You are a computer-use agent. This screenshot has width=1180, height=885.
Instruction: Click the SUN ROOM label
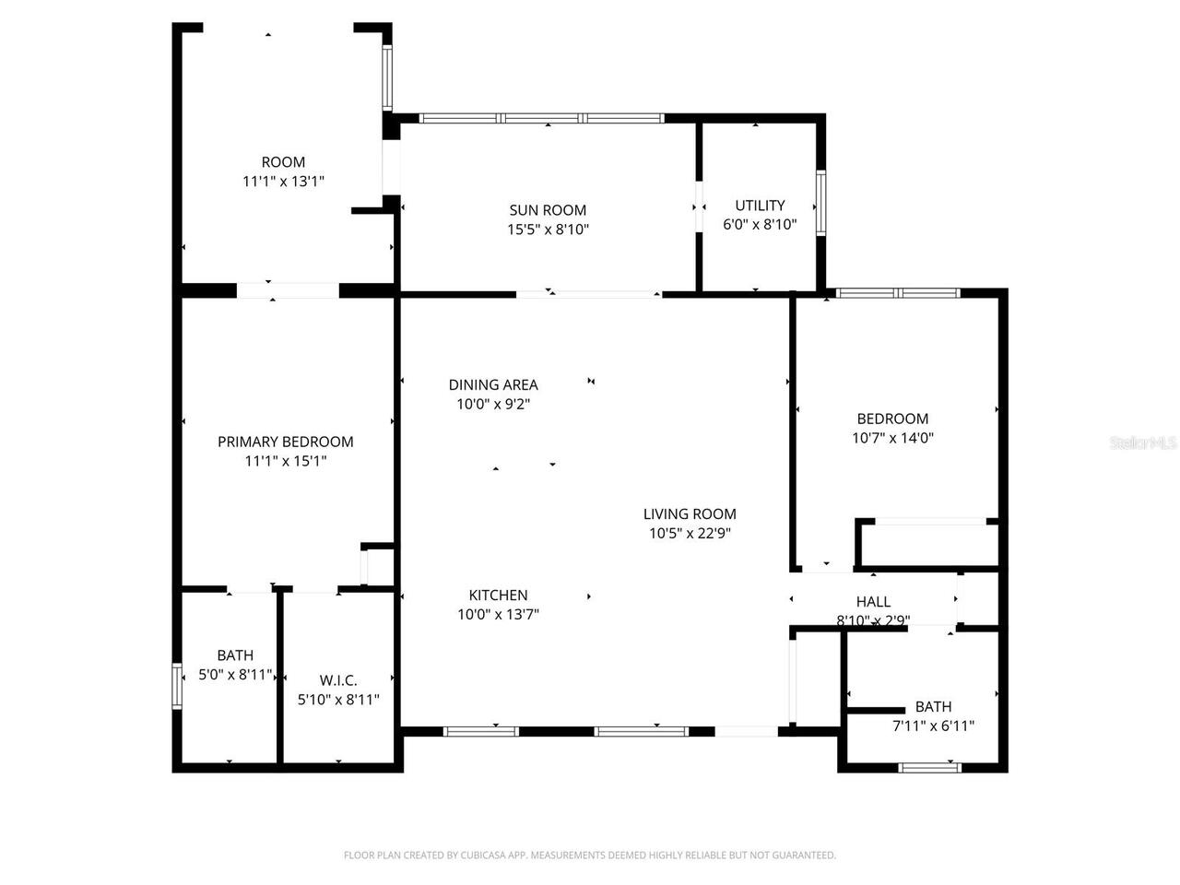pyautogui.click(x=548, y=210)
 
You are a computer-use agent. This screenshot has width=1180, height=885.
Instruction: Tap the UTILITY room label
pyautogui.click(x=760, y=206)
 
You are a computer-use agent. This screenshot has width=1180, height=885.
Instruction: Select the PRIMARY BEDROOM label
pyautogui.click(x=285, y=442)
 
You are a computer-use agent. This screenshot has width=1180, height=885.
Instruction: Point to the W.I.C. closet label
pyautogui.click(x=338, y=680)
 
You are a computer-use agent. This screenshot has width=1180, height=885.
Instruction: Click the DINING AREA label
pyautogui.click(x=493, y=384)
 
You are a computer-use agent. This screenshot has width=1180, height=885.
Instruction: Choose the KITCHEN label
pyautogui.click(x=498, y=596)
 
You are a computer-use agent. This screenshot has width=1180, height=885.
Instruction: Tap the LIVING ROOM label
pyautogui.click(x=690, y=514)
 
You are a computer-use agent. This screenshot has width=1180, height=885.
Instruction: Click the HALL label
pyautogui.click(x=873, y=602)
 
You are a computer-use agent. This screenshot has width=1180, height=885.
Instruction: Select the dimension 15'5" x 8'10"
pyautogui.click(x=548, y=230)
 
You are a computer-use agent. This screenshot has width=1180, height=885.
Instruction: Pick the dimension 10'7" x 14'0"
pyautogui.click(x=892, y=439)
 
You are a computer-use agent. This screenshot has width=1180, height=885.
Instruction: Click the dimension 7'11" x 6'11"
pyautogui.click(x=933, y=726)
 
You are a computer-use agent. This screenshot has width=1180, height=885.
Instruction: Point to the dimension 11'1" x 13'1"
pyautogui.click(x=283, y=182)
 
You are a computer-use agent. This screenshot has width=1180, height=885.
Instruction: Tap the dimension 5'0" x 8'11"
pyautogui.click(x=235, y=675)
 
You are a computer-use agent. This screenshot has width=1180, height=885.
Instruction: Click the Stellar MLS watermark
pyautogui.click(x=1143, y=443)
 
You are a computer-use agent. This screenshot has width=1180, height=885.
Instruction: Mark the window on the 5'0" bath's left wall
pyautogui.click(x=177, y=687)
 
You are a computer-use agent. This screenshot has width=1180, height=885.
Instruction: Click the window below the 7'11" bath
pyautogui.click(x=930, y=767)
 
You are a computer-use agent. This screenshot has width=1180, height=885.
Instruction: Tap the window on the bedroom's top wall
pyautogui.click(x=898, y=293)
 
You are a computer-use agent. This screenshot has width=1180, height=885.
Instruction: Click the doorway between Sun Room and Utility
pyautogui.click(x=699, y=207)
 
